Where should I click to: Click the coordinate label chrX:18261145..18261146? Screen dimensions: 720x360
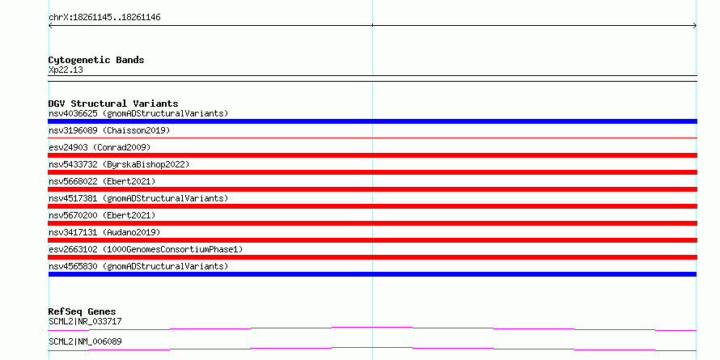coord(104,18)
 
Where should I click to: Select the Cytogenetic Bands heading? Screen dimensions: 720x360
coord(96,60)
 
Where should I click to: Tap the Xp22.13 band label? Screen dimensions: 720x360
coord(66,70)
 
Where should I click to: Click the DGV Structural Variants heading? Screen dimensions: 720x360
coord(113,104)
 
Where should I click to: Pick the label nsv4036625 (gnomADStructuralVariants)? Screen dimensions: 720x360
coord(138,113)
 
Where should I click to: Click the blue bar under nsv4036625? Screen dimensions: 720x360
coord(372,121)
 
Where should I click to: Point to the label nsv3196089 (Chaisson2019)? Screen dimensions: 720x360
coord(109,130)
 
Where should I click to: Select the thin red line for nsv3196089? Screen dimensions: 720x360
coord(372,138)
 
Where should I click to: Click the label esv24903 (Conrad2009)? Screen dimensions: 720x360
coord(100,147)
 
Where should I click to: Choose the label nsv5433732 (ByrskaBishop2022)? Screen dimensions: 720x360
coord(119,164)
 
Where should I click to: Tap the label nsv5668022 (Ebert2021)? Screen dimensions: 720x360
coord(102,181)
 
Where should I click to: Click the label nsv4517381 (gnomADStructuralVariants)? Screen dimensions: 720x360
coord(138,198)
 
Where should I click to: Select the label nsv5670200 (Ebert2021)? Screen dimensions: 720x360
coord(102,215)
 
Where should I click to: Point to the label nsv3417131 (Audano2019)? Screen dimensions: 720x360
coord(104,232)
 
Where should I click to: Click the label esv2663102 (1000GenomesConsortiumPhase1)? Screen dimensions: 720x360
coord(146,249)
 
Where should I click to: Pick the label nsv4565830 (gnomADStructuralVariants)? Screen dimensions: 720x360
coord(138,266)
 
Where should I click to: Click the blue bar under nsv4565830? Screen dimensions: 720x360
coord(372,274)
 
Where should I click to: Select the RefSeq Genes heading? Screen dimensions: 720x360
coord(83,311)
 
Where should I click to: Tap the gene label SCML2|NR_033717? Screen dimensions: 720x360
coord(85,321)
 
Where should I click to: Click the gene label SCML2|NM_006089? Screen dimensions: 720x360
coord(85,341)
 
